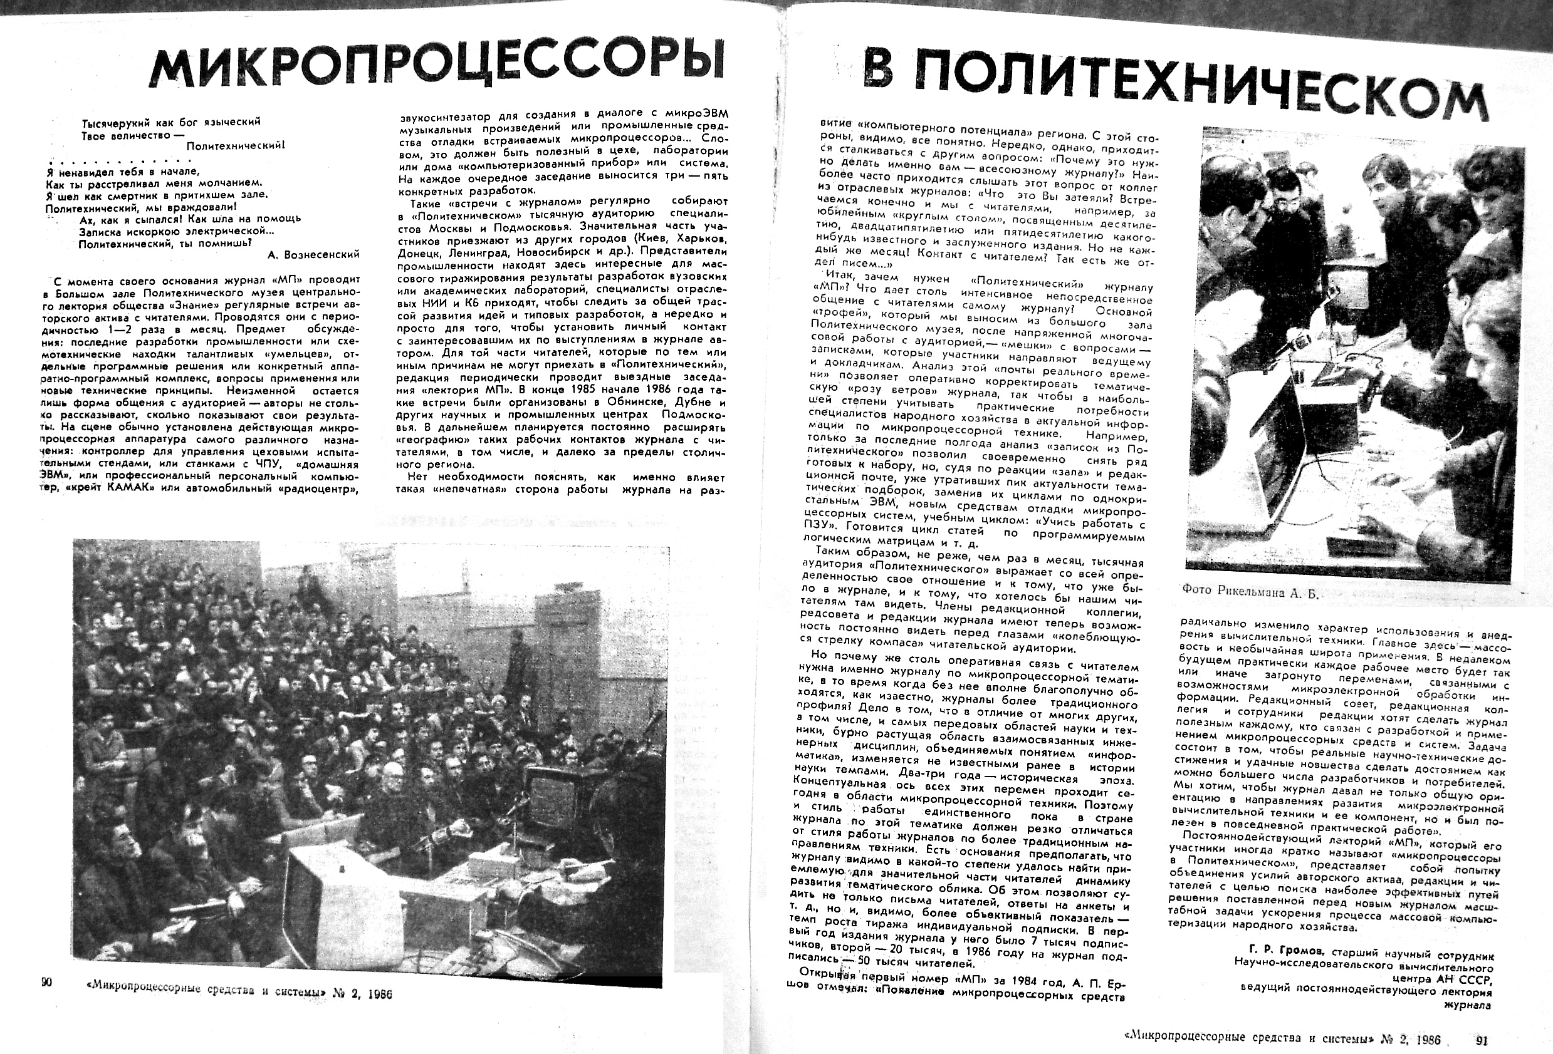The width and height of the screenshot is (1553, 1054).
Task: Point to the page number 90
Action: click(x=46, y=982)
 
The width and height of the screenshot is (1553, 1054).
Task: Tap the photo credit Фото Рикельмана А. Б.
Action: click(x=1250, y=591)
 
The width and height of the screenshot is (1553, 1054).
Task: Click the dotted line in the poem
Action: click(x=120, y=160)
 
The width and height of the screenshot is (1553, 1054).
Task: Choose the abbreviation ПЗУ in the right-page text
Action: click(x=816, y=526)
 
